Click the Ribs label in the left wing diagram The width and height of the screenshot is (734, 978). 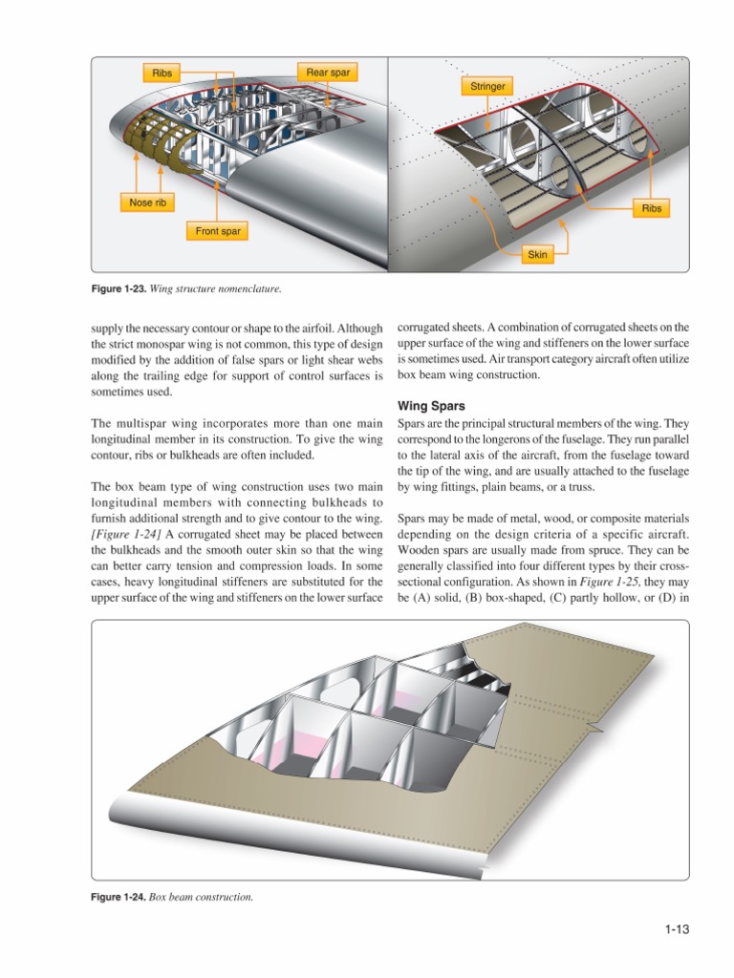coord(161,73)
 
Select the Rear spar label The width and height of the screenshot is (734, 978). coord(327,73)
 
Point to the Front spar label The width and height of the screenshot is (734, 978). coord(218,231)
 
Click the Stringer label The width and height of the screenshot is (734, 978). coord(487,87)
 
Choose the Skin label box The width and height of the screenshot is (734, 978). coord(538,255)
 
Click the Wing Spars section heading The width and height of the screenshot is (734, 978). coord(431,406)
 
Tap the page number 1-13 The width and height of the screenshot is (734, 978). coord(677,927)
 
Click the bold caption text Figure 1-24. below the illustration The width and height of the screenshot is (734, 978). coord(119,898)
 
